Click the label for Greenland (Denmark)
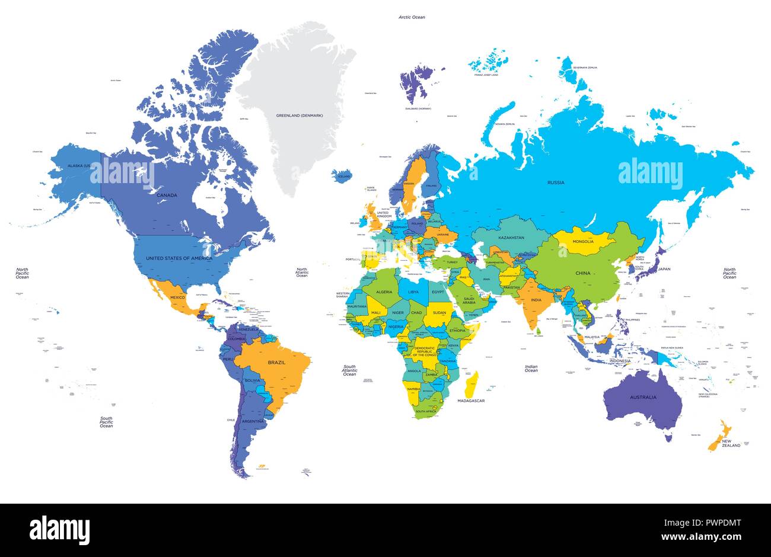[x=300, y=115]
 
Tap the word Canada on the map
[x=167, y=194]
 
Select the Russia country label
[x=556, y=183]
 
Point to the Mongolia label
[x=582, y=242]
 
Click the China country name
[x=583, y=273]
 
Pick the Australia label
[x=643, y=397]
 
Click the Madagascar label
[x=471, y=401]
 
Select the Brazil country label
[x=277, y=362]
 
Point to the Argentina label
[x=253, y=421]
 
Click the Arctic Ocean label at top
[x=412, y=17]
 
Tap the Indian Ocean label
[x=531, y=369]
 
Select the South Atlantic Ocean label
[x=350, y=370]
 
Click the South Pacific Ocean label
[x=106, y=422]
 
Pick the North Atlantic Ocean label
[x=302, y=272]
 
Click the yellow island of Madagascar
[x=472, y=384]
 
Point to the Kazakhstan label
[x=511, y=238]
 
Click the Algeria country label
[x=384, y=292]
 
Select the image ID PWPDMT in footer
[x=719, y=523]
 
